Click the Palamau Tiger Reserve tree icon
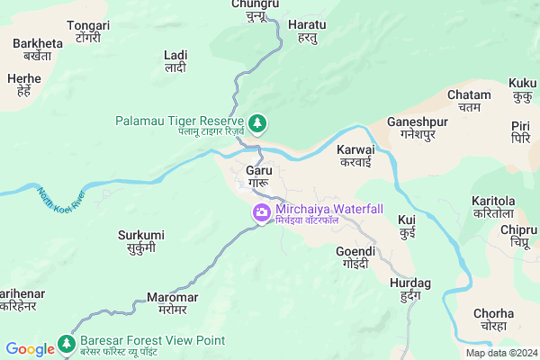pyautogui.click(x=257, y=121)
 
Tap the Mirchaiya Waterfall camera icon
pyautogui.click(x=260, y=213)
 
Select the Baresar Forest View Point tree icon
pyautogui.click(x=65, y=342)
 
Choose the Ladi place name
pyautogui.click(x=175, y=61)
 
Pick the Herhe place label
pyautogui.click(x=24, y=85)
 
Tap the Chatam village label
pyautogui.click(x=469, y=102)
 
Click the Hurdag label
pyautogui.click(x=410, y=289)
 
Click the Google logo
pyautogui.click(x=30, y=349)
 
